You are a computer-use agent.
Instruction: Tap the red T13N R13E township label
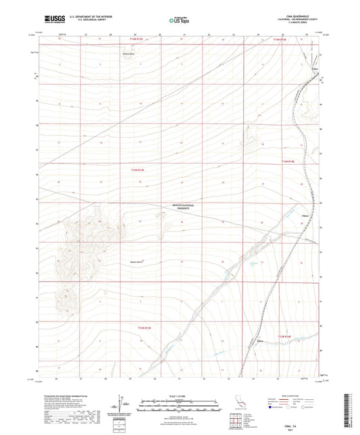[x=138, y=172]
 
